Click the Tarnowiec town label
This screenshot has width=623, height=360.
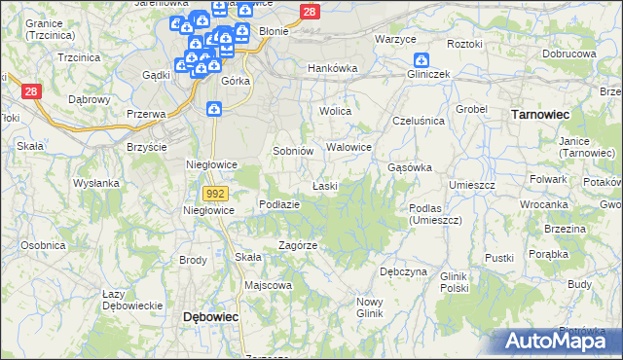click(x=540, y=114)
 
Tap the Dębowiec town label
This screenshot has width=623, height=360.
click(x=211, y=317)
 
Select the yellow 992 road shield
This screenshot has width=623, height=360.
click(x=217, y=194)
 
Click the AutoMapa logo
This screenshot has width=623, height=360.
click(x=557, y=342)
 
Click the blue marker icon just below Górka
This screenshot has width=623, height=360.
click(x=214, y=110)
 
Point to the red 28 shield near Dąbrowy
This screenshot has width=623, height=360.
click(x=31, y=90)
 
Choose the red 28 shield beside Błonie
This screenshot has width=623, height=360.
click(x=309, y=12)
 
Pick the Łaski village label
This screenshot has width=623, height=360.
click(x=324, y=185)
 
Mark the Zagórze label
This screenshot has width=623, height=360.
click(x=298, y=245)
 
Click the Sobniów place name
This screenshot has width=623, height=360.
click(x=292, y=151)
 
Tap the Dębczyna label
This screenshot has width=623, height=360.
click(x=403, y=271)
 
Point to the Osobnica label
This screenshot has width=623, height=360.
click(x=42, y=245)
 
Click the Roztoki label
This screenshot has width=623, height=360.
click(x=464, y=44)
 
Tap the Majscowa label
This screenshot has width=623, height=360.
click(x=269, y=285)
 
